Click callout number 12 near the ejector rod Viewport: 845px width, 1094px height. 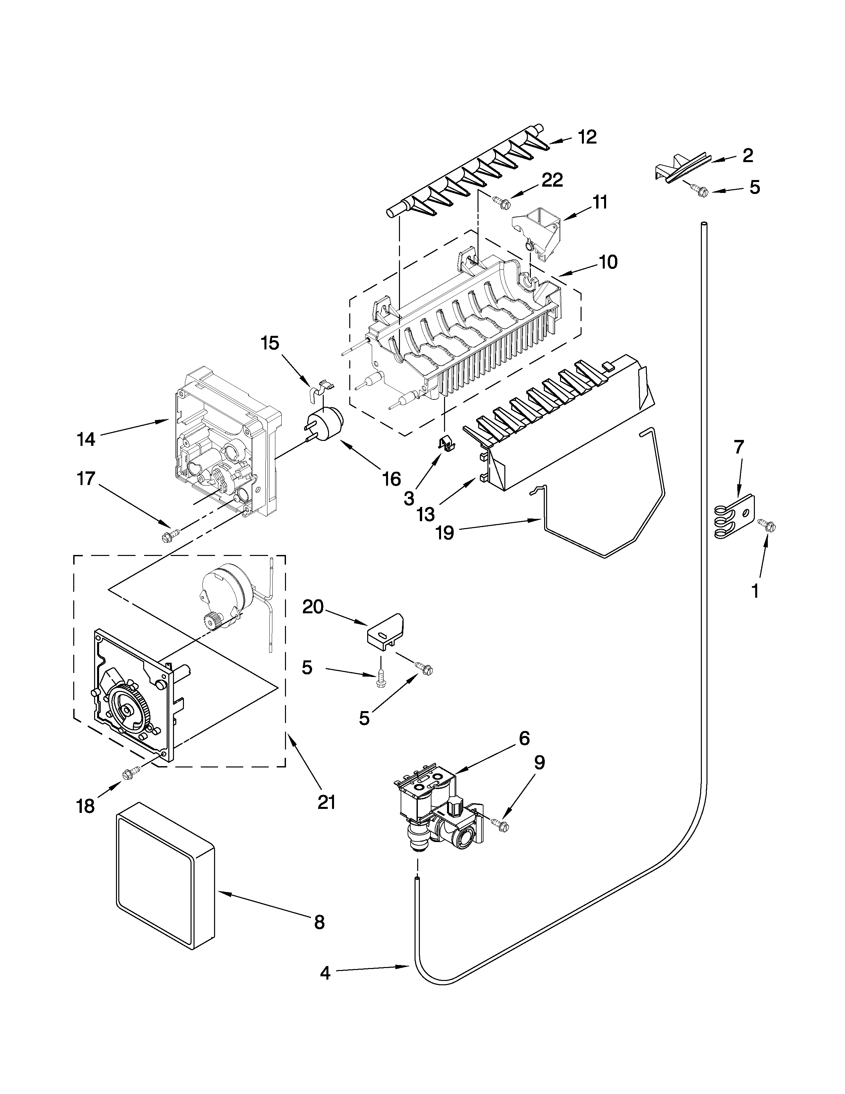tap(587, 137)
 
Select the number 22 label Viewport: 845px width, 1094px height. tap(552, 180)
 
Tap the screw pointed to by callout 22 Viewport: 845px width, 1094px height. tap(502, 202)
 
